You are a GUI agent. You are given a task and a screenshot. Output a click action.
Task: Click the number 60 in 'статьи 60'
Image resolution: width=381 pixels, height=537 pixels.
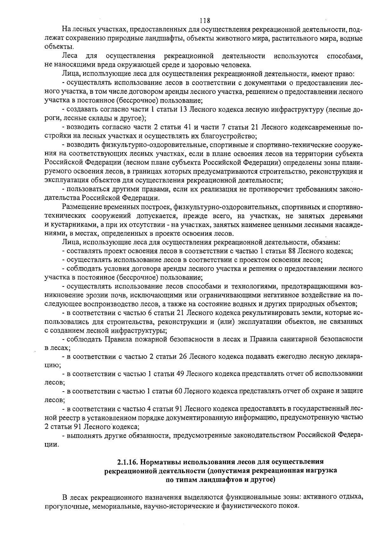178,391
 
